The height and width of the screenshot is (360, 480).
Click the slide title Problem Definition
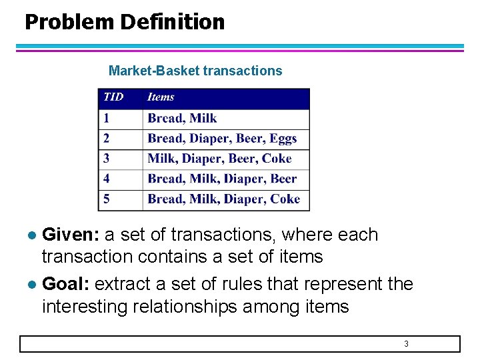pos(125,22)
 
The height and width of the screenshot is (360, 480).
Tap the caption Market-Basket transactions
pos(195,71)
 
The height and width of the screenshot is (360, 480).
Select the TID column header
pos(113,97)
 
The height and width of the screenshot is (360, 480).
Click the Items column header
pos(161,97)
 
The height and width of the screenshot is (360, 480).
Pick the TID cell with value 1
pos(106,119)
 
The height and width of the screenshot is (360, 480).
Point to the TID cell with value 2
pos(106,139)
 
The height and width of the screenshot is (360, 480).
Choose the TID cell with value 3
pos(106,159)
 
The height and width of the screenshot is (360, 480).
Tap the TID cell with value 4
pos(106,179)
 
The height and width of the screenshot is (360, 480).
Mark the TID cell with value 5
pos(106,199)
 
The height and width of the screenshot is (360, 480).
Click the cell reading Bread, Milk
pos(182,119)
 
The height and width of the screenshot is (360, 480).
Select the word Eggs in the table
pos(283,139)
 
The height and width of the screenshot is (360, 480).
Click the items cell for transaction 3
pos(219,159)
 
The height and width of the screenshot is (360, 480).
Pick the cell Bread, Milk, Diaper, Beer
pos(222,179)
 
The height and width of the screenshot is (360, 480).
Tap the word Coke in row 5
pos(285,199)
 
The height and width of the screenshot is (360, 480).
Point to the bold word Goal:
pos(66,284)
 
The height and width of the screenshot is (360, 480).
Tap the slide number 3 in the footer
pos(406,344)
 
